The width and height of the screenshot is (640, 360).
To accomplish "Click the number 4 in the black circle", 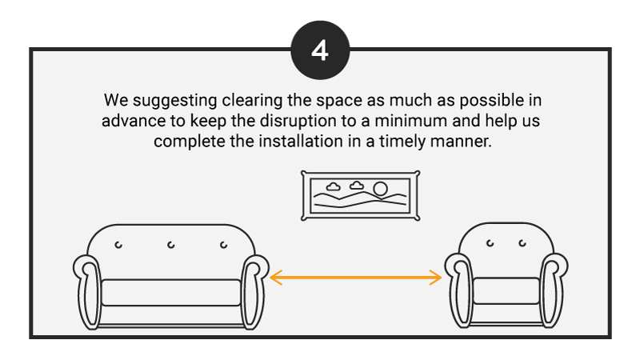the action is (x=320, y=50).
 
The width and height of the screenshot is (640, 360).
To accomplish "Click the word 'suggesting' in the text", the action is (x=174, y=102).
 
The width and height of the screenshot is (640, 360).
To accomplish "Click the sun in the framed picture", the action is (x=381, y=189).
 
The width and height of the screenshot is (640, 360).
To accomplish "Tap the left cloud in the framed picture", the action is (x=333, y=186).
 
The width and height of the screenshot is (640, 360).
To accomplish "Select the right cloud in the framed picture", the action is (x=356, y=186).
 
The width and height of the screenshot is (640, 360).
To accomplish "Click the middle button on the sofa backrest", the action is (x=171, y=245).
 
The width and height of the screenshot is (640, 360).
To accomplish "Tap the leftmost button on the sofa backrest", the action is (x=118, y=245).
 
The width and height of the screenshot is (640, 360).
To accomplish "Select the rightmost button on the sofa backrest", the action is (x=224, y=245).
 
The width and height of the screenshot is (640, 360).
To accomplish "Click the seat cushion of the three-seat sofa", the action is (x=171, y=293).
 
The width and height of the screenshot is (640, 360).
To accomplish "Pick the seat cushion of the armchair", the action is (x=506, y=290).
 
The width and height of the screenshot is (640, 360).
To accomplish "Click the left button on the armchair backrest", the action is (x=490, y=243).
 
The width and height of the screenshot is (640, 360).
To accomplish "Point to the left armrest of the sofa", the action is (x=87, y=292).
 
